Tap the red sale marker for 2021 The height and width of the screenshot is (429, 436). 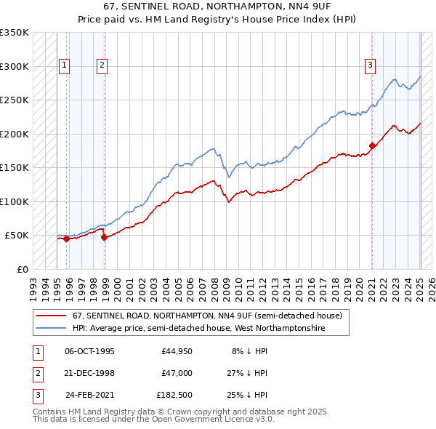click(x=372, y=145)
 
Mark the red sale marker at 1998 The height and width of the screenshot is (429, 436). click(x=104, y=237)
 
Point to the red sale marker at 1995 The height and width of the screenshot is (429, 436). click(x=66, y=238)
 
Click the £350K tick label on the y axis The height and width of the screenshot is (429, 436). click(x=15, y=33)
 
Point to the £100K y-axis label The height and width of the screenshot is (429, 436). click(x=15, y=201)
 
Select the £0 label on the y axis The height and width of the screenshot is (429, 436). click(x=23, y=269)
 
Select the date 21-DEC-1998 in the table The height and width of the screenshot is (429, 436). click(x=90, y=373)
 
